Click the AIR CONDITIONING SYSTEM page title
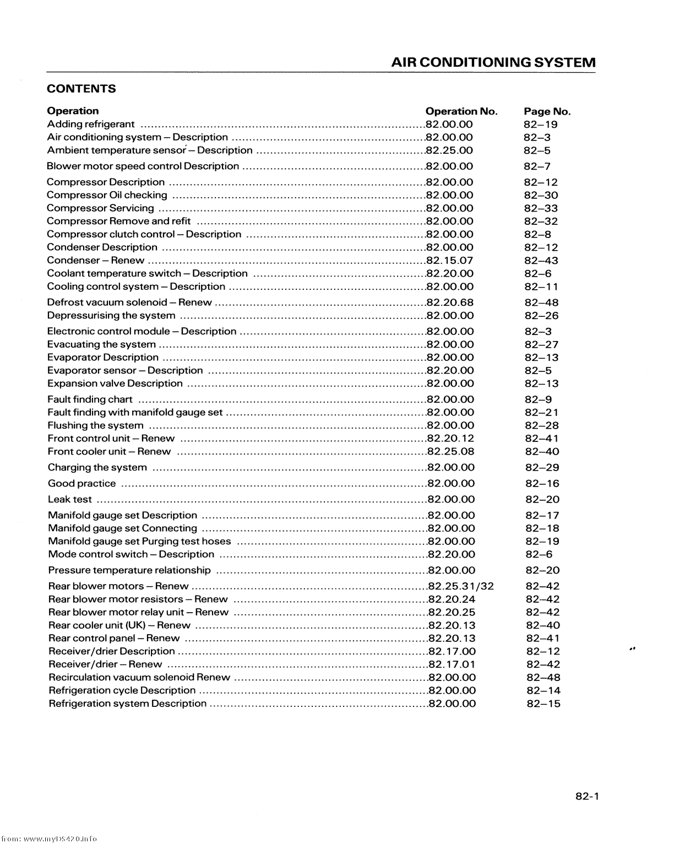493,62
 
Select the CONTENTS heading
81,89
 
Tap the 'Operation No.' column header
461,111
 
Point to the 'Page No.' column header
547,111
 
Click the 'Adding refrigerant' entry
91,124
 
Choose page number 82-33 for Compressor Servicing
541,208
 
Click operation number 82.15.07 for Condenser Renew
450,261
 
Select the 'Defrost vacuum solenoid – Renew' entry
129,302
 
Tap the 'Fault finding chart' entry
90,399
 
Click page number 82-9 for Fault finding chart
538,399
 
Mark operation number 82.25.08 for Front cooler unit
451,452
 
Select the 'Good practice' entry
82,484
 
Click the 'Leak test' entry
70,500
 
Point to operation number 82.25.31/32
461,586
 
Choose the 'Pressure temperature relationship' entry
129,570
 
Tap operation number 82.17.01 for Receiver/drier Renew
452,664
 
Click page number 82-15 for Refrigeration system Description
543,704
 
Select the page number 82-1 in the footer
587,796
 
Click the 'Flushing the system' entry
96,425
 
